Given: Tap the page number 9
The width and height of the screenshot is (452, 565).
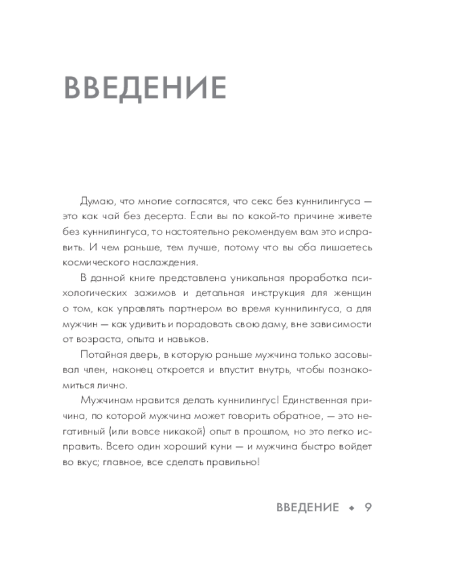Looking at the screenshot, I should [x=368, y=507].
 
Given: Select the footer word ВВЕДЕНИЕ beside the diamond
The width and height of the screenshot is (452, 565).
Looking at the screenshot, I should [x=308, y=507].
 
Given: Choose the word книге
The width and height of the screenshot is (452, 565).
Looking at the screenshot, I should [x=142, y=279].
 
